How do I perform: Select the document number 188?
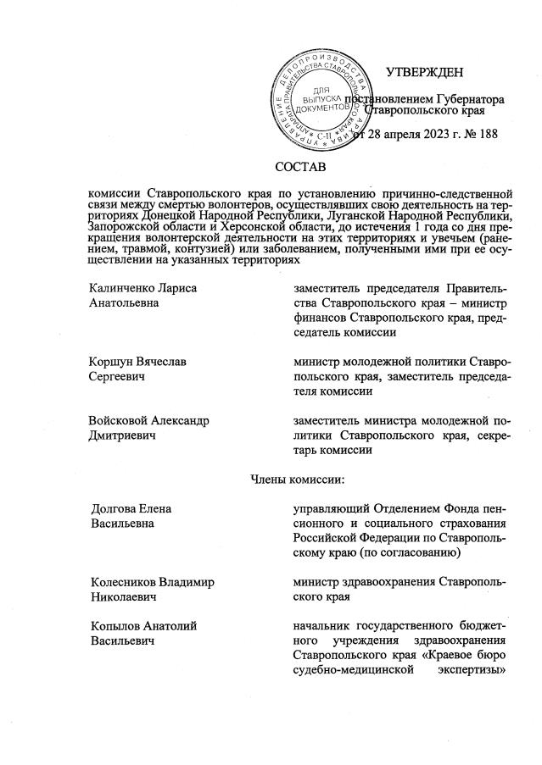[488, 134]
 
